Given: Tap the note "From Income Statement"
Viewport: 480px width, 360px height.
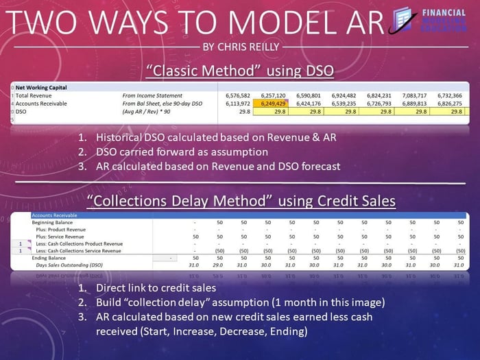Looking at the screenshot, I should coord(149,95).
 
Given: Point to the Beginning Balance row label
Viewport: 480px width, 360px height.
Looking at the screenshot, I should coord(55,222).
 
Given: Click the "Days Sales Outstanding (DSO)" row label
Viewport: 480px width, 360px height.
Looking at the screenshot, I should coord(69,265).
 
